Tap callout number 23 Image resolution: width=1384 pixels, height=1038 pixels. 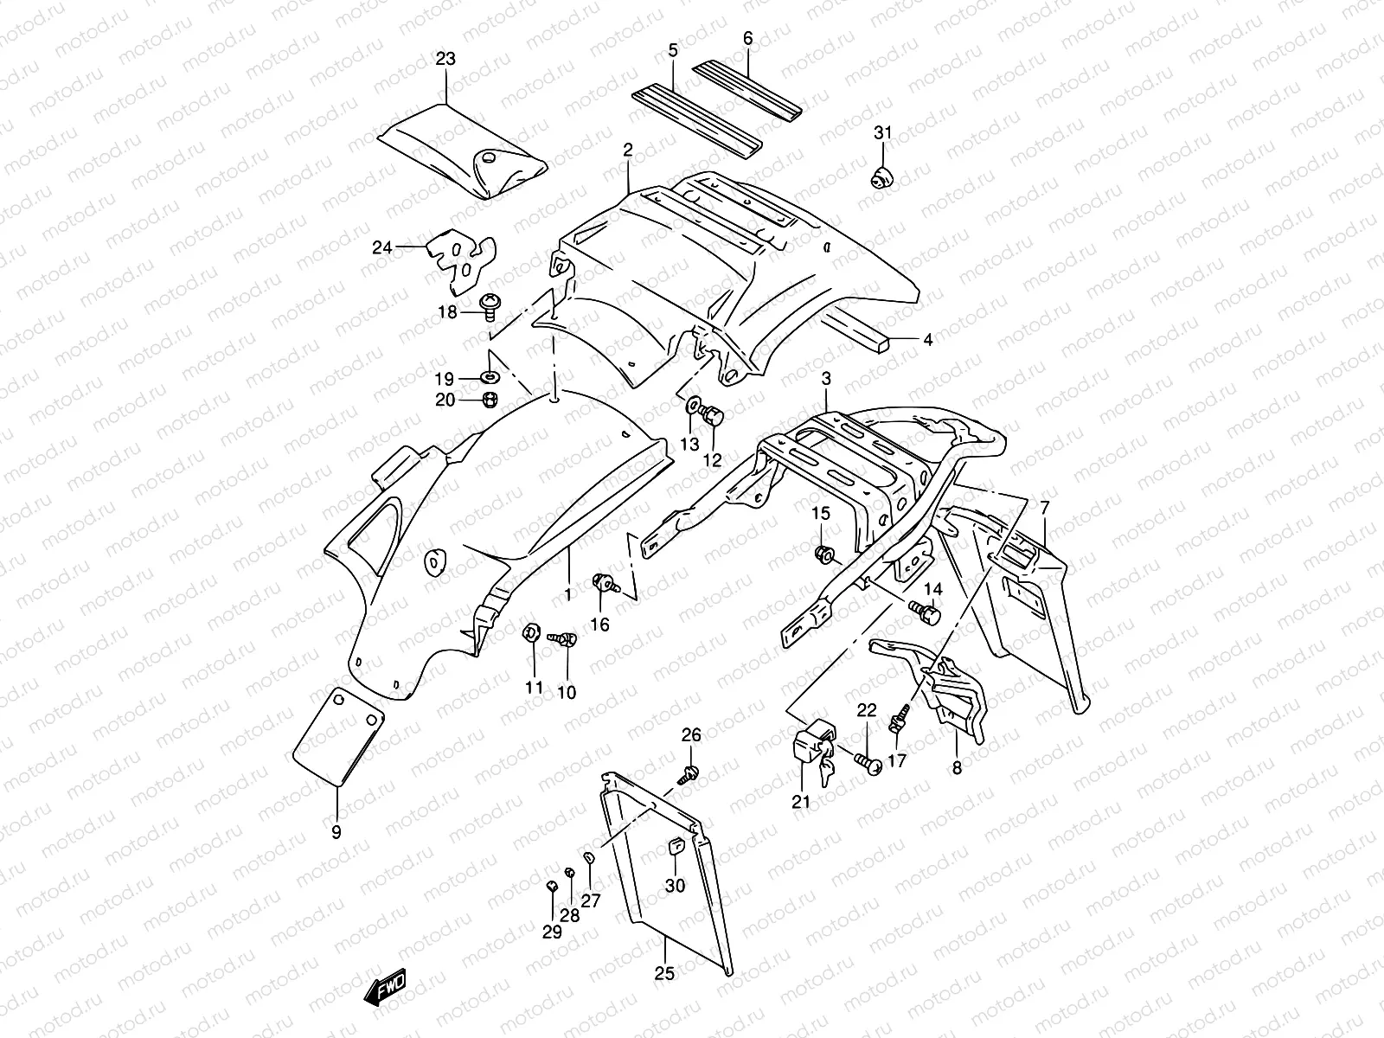click(445, 60)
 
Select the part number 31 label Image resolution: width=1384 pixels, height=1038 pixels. click(881, 132)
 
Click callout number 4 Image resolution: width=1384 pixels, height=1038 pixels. click(927, 340)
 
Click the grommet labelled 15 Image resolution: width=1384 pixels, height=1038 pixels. click(824, 554)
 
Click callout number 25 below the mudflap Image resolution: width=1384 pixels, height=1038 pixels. click(663, 973)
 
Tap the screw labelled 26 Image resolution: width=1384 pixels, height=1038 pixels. click(690, 772)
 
